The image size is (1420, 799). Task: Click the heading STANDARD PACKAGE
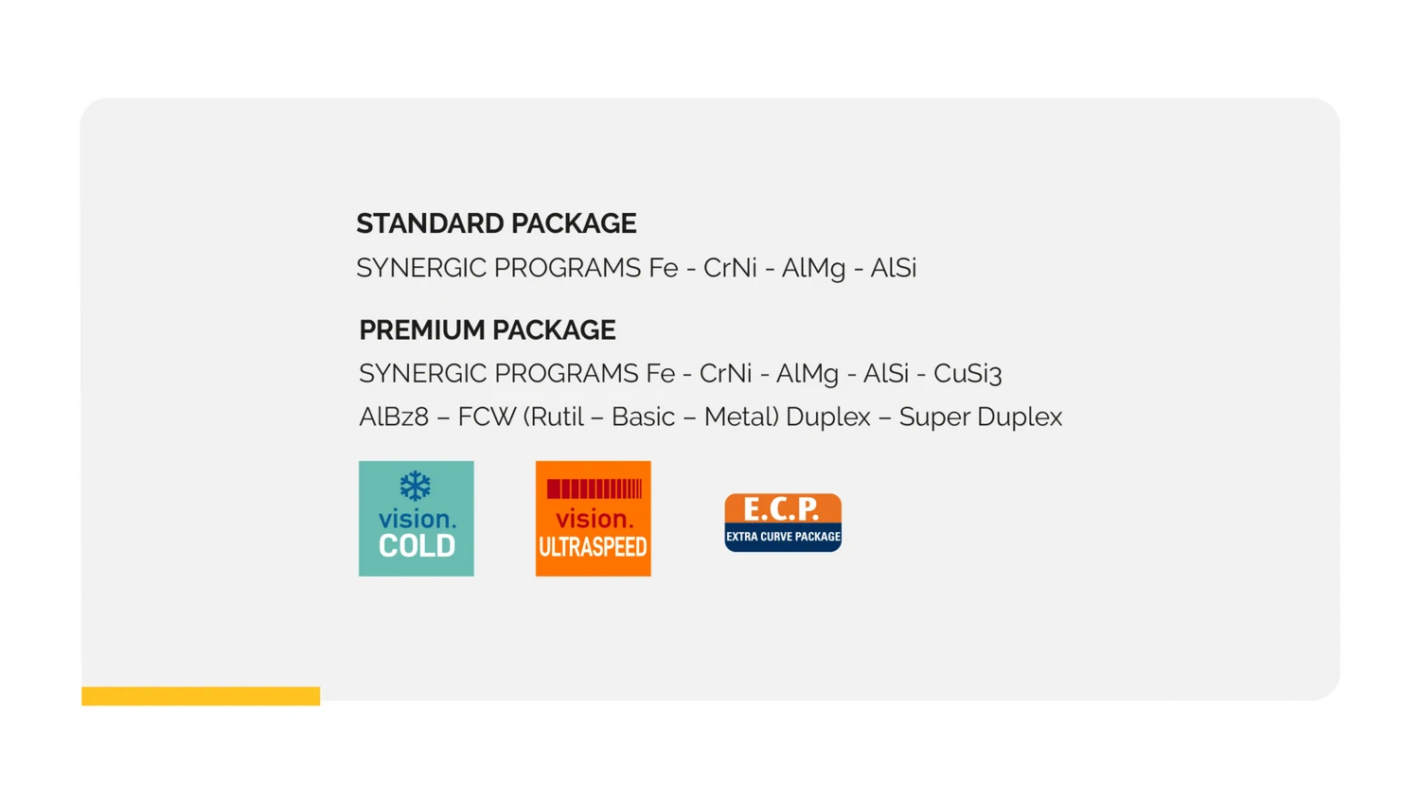[496, 223]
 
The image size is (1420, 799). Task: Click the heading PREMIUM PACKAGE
[488, 330]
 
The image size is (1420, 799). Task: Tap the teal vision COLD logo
[417, 519]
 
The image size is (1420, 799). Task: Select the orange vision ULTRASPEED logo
[594, 519]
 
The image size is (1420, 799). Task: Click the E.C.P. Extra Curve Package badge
[783, 523]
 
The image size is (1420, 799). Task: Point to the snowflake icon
[416, 487]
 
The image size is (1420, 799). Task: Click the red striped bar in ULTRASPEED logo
[595, 488]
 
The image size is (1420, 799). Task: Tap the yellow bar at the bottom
[201, 696]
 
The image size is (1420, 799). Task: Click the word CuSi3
[967, 374]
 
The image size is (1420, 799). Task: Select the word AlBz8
[394, 417]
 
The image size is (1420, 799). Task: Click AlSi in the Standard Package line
[894, 268]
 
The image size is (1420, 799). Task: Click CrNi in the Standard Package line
[730, 268]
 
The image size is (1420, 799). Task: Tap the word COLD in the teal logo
[417, 546]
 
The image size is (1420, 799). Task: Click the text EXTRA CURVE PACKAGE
[784, 537]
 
